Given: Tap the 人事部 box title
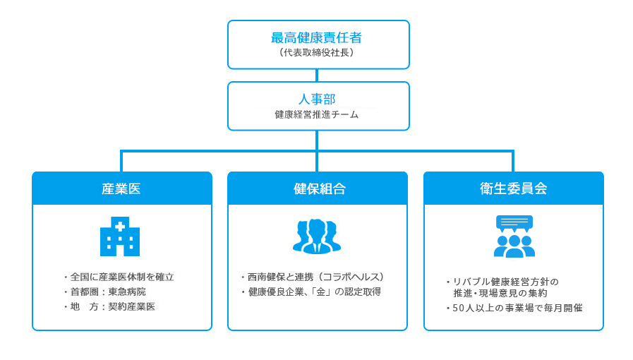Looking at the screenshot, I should tap(317, 100).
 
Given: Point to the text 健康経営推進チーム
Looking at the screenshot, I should tap(317, 114).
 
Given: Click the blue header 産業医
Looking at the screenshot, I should tap(121, 188).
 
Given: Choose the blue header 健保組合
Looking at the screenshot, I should tap(317, 188).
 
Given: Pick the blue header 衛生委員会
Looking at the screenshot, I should tap(513, 188).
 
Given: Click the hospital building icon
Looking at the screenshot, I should tap(120, 236).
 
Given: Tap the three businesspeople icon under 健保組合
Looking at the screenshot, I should tap(317, 236).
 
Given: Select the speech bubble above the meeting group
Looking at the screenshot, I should tap(514, 222).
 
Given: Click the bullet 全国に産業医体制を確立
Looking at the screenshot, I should tap(121, 277).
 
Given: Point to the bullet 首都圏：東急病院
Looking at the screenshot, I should tap(107, 292).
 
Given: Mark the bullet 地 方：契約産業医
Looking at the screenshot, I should tap(112, 306).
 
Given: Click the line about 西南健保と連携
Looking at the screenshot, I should tap(315, 277).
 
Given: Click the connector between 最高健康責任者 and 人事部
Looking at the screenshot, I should tap(317, 76).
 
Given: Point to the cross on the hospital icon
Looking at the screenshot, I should tap(120, 227).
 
